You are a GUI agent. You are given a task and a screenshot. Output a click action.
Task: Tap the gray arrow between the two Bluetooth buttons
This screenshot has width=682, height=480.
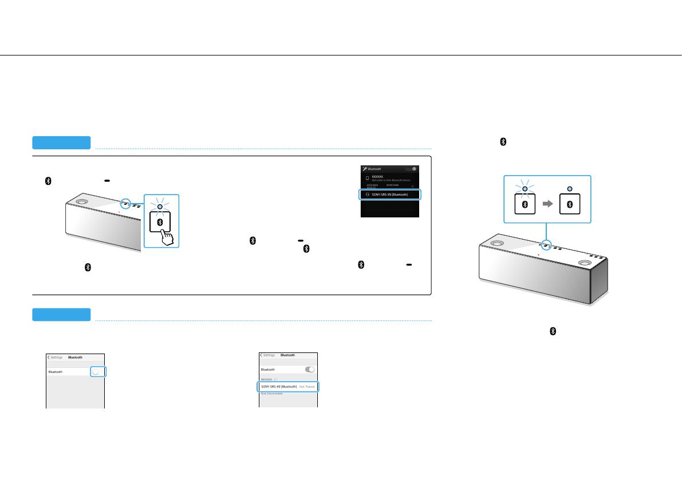click(547, 204)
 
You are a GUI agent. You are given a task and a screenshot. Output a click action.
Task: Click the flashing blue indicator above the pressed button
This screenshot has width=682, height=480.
click(161, 207)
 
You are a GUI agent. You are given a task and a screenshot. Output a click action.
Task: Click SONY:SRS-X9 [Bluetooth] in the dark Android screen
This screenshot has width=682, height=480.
click(390, 195)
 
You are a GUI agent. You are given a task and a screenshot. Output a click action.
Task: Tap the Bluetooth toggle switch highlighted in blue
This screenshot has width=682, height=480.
click(98, 372)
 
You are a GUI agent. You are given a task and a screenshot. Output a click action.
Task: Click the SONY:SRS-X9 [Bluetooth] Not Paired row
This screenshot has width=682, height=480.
click(289, 387)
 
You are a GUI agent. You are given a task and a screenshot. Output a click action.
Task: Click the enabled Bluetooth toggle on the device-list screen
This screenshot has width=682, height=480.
click(310, 370)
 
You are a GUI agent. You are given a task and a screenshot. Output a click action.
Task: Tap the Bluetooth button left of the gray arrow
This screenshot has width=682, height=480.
click(525, 204)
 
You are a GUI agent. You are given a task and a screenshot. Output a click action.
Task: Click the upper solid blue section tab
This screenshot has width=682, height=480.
click(61, 142)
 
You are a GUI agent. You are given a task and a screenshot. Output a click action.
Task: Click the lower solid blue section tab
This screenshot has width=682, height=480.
click(61, 315)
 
